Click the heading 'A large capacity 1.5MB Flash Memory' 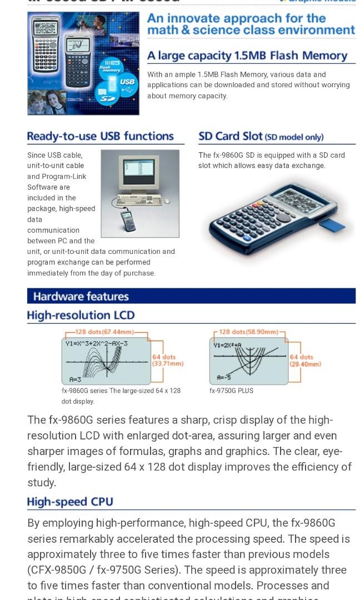(x=247, y=56)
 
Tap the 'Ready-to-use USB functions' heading (x=100, y=136)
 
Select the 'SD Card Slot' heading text (x=230, y=136)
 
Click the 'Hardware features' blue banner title (x=81, y=296)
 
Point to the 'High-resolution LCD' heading (x=81, y=316)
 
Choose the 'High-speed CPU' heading (x=70, y=502)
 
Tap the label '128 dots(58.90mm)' (x=248, y=332)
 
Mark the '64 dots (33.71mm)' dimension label (x=167, y=360)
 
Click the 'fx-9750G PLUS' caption (x=231, y=391)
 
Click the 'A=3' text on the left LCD (x=76, y=379)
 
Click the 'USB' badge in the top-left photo (x=127, y=82)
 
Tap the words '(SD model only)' (x=294, y=137)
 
